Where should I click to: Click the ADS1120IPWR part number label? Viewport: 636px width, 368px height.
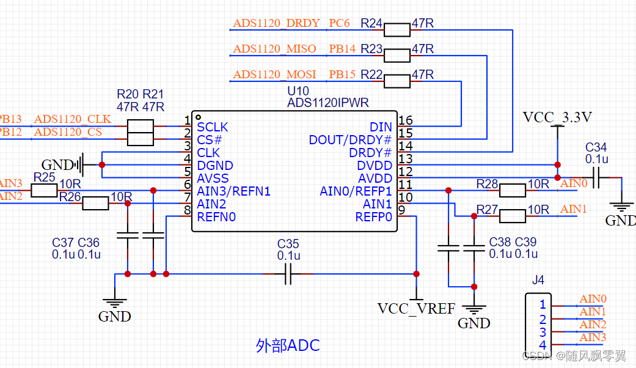tap(327, 103)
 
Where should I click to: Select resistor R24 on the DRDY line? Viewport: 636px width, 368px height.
tap(397, 29)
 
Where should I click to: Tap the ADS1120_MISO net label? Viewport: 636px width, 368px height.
tap(274, 48)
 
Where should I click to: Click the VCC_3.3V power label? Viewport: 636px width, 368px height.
tap(557, 117)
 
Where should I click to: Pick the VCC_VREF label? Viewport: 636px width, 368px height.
tap(416, 308)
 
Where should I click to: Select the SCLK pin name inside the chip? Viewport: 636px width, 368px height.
tap(213, 127)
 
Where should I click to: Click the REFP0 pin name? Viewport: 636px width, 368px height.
tap(373, 217)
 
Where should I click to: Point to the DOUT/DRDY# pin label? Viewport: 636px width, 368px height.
tap(350, 140)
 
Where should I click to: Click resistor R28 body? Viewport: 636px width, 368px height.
tap(512, 191)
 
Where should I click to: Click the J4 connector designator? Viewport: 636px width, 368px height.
tap(538, 281)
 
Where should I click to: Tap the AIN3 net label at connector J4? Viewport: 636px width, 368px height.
tap(593, 337)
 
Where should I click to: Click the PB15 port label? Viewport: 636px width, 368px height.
tap(342, 75)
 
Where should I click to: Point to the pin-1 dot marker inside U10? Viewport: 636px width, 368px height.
tap(198, 116)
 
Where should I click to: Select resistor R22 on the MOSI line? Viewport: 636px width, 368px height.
tap(397, 81)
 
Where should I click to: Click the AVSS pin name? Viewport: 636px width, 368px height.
tap(213, 178)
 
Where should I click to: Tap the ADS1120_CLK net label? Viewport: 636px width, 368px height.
tap(73, 119)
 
